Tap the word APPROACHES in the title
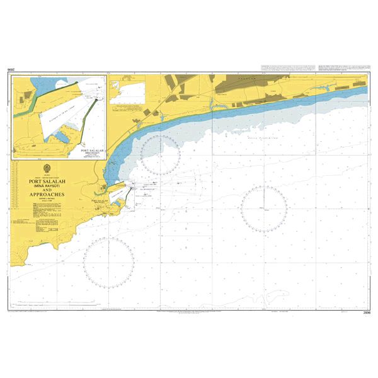(x=49, y=195)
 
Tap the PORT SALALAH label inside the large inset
(x=91, y=152)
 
